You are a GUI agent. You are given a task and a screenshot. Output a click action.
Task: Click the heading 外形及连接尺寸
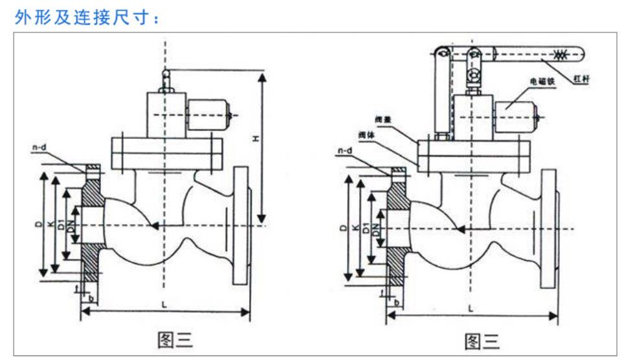pos(87,17)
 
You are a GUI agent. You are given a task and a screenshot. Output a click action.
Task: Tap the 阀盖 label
pos(383,119)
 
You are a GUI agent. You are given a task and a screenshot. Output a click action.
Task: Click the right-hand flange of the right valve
pos(548,228)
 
